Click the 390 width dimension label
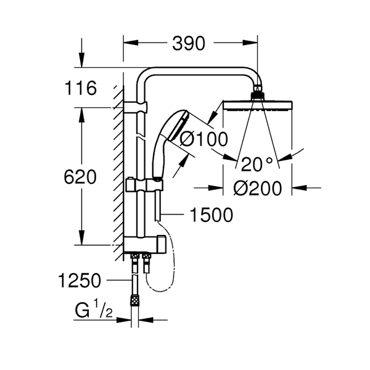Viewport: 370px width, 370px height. pos(189,44)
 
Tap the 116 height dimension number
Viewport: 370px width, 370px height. pos(81,88)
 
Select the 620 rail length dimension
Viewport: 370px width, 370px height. pos(80,177)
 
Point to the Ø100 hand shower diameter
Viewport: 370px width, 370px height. pos(204,139)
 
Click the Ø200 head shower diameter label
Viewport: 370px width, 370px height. pos(258,188)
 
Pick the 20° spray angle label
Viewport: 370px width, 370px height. pos(257,164)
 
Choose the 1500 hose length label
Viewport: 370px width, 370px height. pos(212,215)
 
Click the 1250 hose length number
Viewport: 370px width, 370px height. pos(80,281)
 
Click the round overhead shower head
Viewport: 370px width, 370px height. pos(258,105)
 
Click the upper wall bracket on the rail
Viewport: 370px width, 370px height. pos(135,107)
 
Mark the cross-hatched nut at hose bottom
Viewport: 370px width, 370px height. pos(134,300)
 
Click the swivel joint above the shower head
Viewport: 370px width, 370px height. pos(258,91)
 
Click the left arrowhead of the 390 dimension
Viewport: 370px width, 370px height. pos(131,43)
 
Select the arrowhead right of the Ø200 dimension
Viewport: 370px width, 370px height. pos(300,188)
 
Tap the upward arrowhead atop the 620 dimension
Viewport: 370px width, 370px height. pos(81,115)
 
